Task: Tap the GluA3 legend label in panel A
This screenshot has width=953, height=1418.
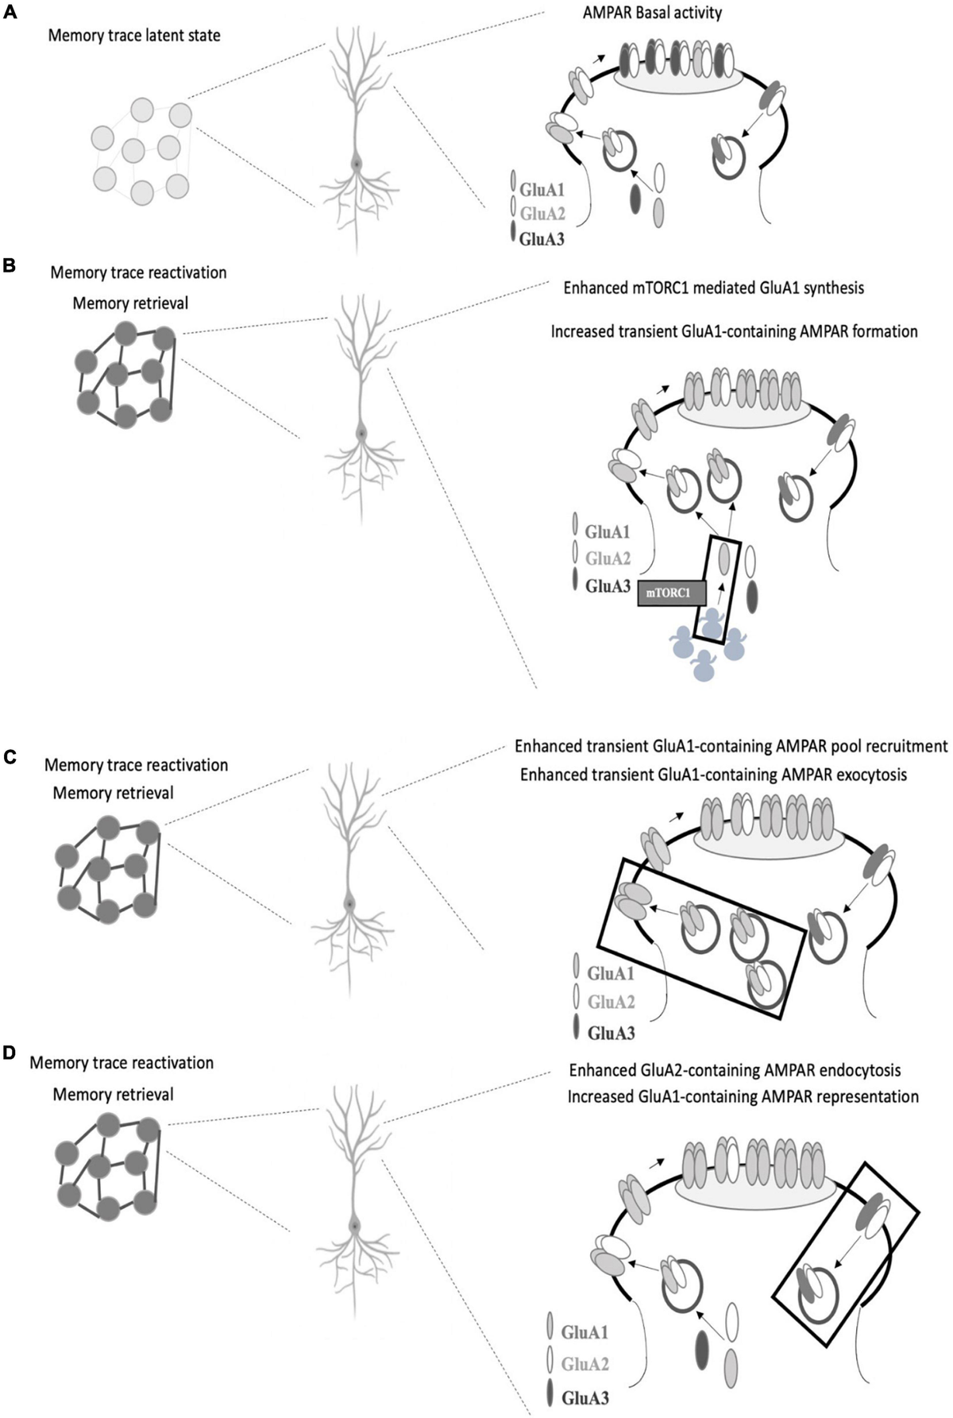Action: click(x=542, y=237)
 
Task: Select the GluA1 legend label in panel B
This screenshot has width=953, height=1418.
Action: click(x=608, y=531)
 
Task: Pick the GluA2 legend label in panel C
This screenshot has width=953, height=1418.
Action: click(x=611, y=1003)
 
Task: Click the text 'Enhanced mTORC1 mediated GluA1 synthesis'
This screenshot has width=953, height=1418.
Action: click(x=713, y=288)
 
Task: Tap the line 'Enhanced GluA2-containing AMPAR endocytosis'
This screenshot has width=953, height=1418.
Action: click(x=735, y=1070)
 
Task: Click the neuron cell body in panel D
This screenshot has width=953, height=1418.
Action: click(x=354, y=1227)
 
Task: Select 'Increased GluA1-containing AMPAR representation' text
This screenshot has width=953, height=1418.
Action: click(x=743, y=1096)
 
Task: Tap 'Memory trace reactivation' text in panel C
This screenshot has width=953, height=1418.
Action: click(x=136, y=766)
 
